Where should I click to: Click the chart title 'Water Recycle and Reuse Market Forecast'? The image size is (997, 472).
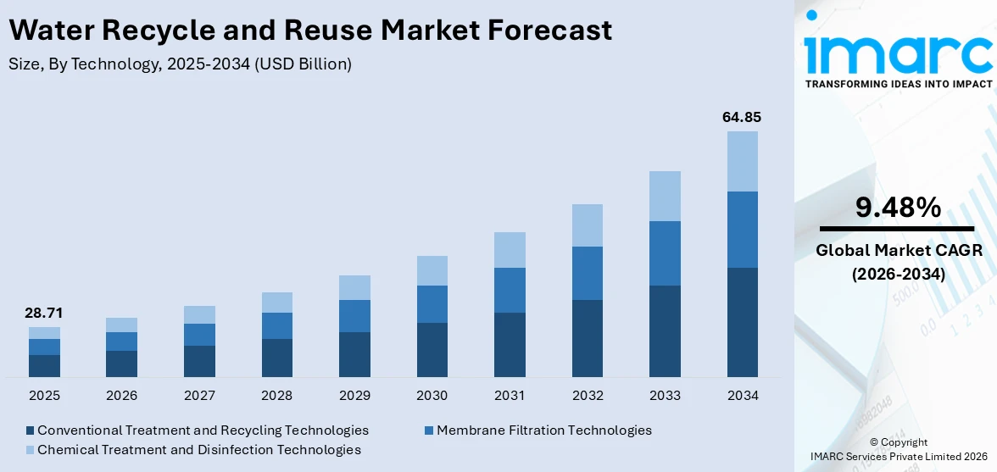309,31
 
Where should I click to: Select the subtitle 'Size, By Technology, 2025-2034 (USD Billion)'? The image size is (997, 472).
180,64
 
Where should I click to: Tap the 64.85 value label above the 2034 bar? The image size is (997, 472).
742,117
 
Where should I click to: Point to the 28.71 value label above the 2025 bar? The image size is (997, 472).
44,313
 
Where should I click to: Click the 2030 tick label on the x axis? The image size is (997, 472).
432,396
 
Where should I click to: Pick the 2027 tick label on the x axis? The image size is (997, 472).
199,396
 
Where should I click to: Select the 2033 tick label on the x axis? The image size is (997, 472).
665,396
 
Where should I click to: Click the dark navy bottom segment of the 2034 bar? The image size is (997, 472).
742,322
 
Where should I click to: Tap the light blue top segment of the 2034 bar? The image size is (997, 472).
742,161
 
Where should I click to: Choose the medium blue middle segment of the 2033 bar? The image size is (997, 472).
665,253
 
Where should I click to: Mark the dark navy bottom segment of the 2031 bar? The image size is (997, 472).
510,344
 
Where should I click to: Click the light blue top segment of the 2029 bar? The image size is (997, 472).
354,287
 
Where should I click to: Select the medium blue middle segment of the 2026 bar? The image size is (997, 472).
121,341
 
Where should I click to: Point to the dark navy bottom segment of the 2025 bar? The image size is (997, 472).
44,365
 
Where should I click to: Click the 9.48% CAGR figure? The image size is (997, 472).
897,207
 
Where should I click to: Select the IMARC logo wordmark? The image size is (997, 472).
898,53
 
